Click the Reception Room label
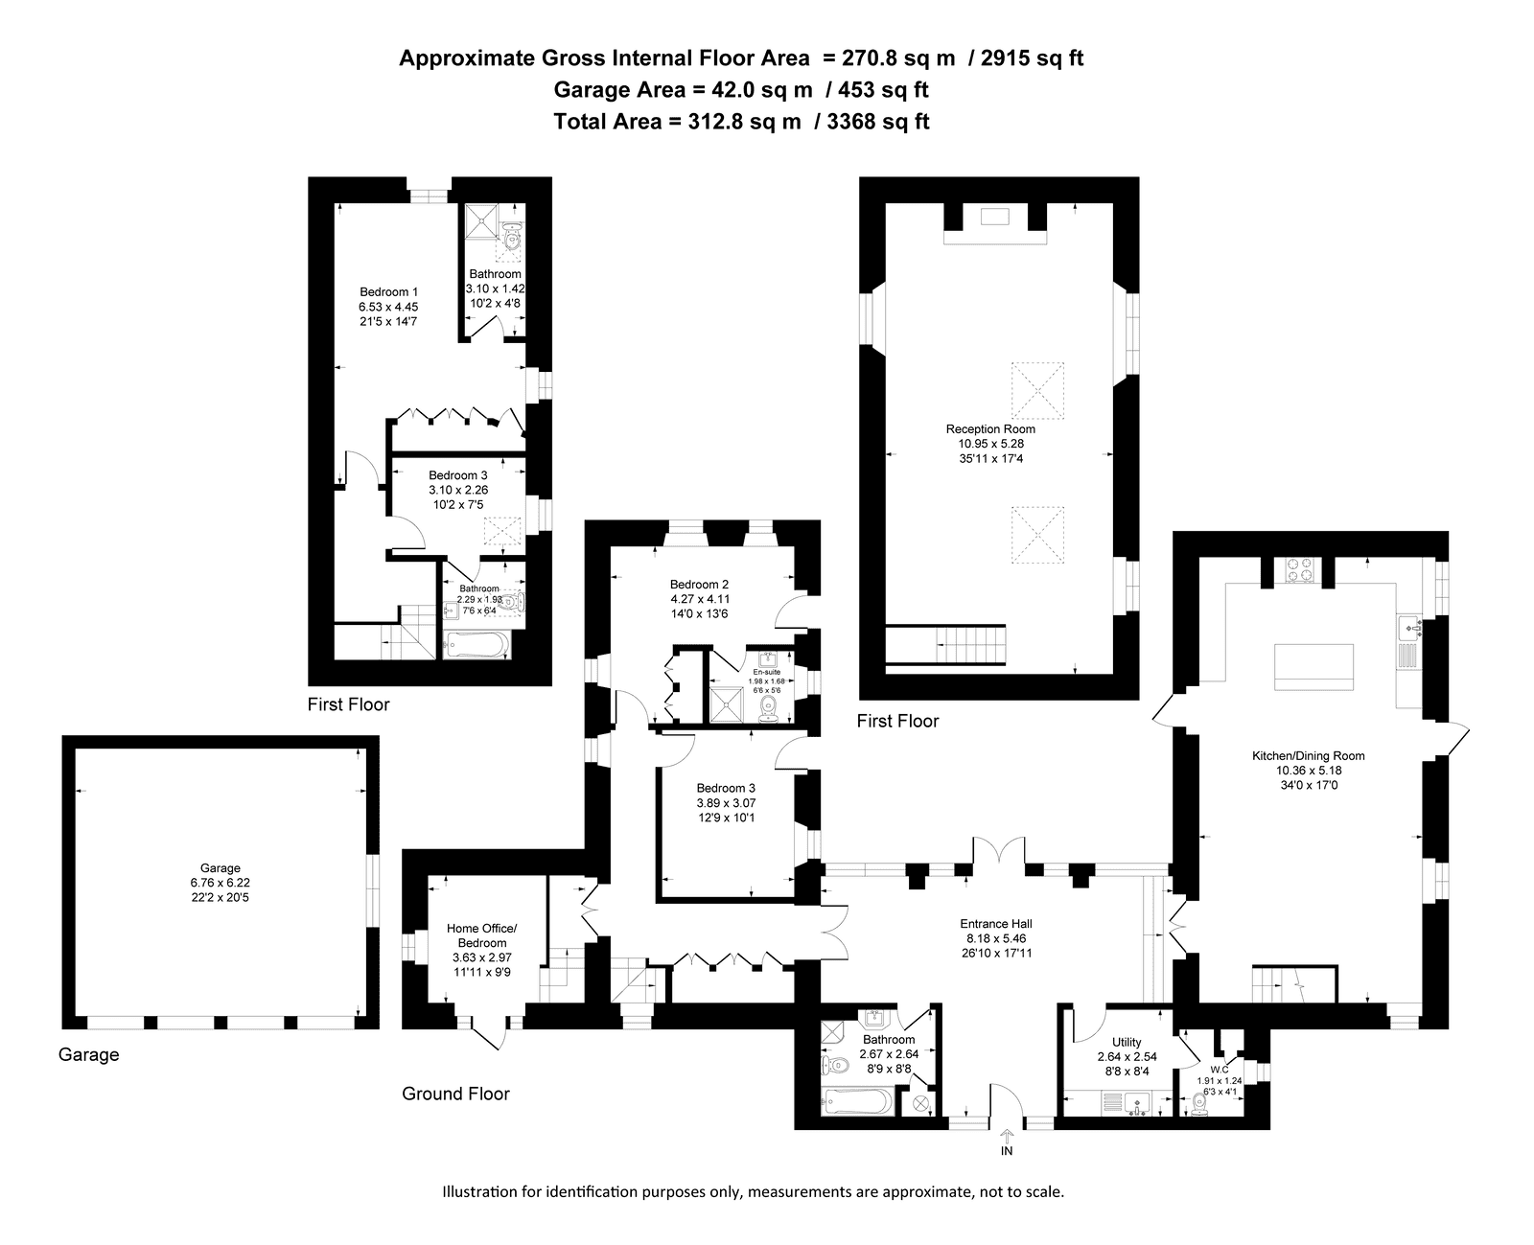click(990, 429)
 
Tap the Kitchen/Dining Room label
click(1308, 756)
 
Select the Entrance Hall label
click(996, 924)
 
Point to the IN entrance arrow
click(1007, 1136)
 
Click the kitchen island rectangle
click(1313, 667)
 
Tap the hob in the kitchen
click(1300, 570)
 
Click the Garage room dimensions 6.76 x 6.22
click(221, 883)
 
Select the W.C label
click(1220, 1070)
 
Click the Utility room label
click(1127, 1042)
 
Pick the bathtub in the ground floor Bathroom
click(857, 1101)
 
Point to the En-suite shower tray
click(727, 704)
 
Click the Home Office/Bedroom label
click(482, 936)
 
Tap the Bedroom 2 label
click(699, 585)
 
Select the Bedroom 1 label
click(389, 292)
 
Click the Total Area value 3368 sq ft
click(878, 122)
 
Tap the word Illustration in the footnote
click(481, 1191)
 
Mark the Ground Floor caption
click(455, 1094)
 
